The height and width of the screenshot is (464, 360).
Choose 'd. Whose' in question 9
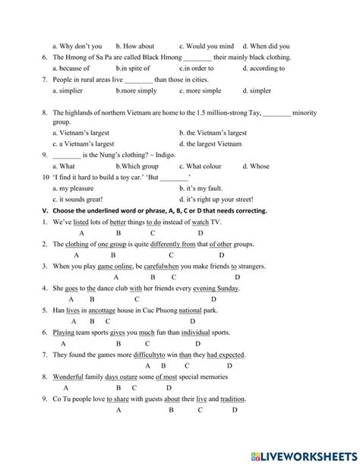click(x=255, y=166)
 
